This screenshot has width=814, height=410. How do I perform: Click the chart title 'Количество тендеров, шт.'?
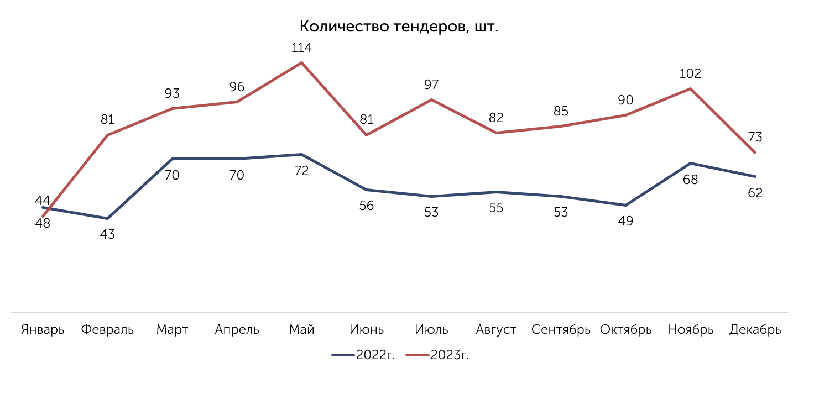(x=399, y=27)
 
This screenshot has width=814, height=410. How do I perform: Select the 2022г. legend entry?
(x=363, y=355)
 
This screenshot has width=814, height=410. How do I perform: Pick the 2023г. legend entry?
(x=437, y=355)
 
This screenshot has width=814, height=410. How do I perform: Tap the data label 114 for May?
(x=301, y=48)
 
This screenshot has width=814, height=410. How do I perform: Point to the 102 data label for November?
(x=690, y=73)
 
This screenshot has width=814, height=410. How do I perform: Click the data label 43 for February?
(x=107, y=235)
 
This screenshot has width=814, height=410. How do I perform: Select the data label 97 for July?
(x=431, y=85)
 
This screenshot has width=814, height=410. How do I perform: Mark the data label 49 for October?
(x=625, y=221)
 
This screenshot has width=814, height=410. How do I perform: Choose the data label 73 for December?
(x=755, y=137)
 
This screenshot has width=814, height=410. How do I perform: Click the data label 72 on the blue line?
(x=301, y=171)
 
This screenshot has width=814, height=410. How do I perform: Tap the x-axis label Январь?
(x=43, y=330)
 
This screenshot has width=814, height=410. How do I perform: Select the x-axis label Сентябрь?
(x=561, y=330)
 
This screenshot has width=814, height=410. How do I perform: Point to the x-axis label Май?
(x=301, y=330)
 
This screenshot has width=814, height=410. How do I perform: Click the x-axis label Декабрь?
(x=755, y=330)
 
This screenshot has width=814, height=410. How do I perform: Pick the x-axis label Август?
(x=496, y=330)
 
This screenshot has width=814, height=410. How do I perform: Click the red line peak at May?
(x=301, y=63)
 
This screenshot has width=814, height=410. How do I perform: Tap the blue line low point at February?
(x=108, y=219)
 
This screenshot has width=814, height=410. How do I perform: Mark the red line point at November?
(x=690, y=88)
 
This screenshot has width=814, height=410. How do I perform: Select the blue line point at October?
(x=625, y=205)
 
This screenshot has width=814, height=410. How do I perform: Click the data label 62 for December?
(x=755, y=193)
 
